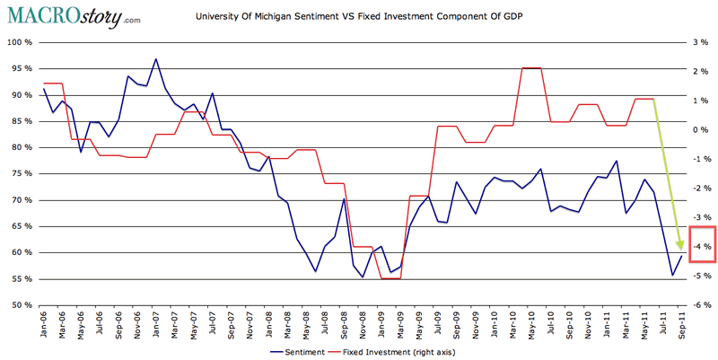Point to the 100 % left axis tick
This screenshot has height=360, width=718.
coord(19,42)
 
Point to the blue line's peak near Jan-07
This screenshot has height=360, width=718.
coord(156,59)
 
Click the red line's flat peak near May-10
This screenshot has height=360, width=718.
coord(532,67)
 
